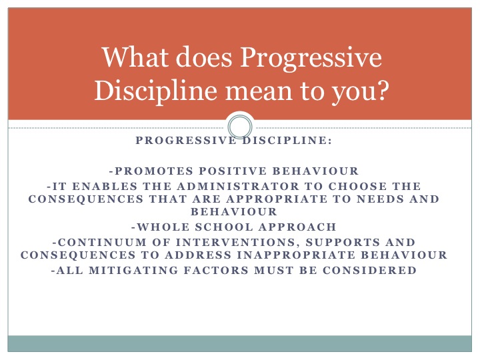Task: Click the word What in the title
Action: [x=135, y=57]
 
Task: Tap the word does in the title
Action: [x=204, y=57]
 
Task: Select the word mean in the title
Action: [x=259, y=91]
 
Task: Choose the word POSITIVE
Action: [x=233, y=171]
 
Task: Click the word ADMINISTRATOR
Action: [x=238, y=186]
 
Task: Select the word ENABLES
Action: [x=105, y=186]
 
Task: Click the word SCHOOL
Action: [x=224, y=227]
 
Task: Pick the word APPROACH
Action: [x=297, y=227]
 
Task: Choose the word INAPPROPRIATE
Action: [x=296, y=255]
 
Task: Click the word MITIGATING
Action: [x=133, y=270]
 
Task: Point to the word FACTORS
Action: [x=216, y=270]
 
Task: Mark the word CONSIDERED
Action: [x=369, y=270]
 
